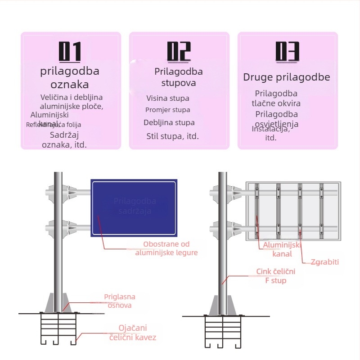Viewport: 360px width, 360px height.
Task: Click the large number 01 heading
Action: [x=70, y=51]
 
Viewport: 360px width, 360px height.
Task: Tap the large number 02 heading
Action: [x=179, y=51]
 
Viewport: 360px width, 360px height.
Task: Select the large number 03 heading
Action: [x=288, y=51]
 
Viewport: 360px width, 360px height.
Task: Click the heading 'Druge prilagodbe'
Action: [x=287, y=77]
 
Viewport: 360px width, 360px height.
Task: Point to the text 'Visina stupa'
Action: [x=168, y=98]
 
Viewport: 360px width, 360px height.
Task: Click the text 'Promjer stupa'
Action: [x=168, y=110]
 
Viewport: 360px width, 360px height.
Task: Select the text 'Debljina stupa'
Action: [x=169, y=122]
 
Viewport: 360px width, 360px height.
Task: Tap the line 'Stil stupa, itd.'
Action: [x=172, y=136]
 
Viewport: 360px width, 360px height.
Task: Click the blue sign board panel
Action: [x=134, y=208]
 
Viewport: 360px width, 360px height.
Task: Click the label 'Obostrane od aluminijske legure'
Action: [x=166, y=248]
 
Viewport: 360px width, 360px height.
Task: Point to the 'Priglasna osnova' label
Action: [x=119, y=301]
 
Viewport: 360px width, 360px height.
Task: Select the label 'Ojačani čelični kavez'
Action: [x=133, y=333]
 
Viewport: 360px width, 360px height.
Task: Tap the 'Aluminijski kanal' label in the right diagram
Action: [x=282, y=249]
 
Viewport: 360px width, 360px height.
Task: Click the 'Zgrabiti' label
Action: [x=324, y=262]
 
